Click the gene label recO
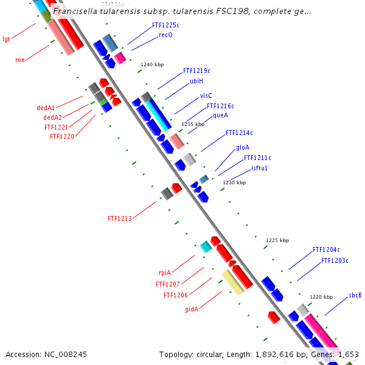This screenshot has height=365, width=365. pyautogui.click(x=165, y=35)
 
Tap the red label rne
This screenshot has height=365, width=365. pyautogui.click(x=19, y=60)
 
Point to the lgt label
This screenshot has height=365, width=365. pyautogui.click(x=7, y=39)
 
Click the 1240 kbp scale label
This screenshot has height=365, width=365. pyautogui.click(x=152, y=64)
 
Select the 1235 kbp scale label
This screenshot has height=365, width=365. pyautogui.click(x=193, y=124)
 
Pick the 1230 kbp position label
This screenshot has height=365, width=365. pyautogui.click(x=234, y=182)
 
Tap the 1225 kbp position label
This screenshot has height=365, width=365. pyautogui.click(x=275, y=241)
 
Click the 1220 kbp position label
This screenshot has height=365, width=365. pyautogui.click(x=321, y=297)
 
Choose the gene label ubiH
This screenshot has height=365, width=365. pyautogui.click(x=196, y=81)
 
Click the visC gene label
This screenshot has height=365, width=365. pyautogui.click(x=206, y=96)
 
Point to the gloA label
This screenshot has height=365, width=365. pyautogui.click(x=243, y=147)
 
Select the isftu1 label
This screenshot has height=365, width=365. pyautogui.click(x=260, y=168)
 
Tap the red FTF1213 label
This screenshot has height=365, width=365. pyautogui.click(x=120, y=218)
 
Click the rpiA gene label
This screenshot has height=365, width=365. pyautogui.click(x=165, y=273)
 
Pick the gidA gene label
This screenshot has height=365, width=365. pyautogui.click(x=192, y=309)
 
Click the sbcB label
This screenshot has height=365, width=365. pyautogui.click(x=355, y=295)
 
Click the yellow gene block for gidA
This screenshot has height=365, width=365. pyautogui.click(x=232, y=283)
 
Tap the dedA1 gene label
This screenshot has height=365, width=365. pyautogui.click(x=46, y=108)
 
